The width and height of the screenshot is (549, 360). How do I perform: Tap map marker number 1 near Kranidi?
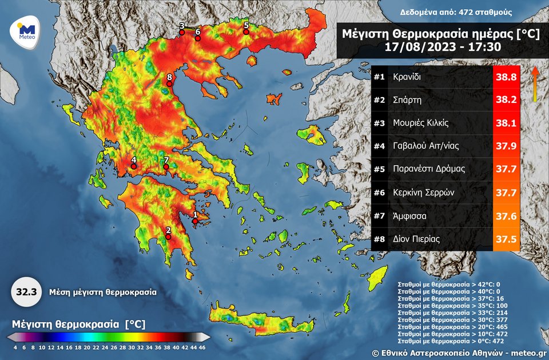pos(194,221)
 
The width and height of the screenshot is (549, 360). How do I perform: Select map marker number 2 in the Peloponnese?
pos(168,237)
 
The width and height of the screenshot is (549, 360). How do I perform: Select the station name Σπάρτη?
pos(407,99)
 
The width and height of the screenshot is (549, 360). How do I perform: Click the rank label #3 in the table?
pos(379,123)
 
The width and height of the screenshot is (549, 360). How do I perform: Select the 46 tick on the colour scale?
pos(202,347)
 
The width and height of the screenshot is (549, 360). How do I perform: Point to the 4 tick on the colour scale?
pos(15,347)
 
